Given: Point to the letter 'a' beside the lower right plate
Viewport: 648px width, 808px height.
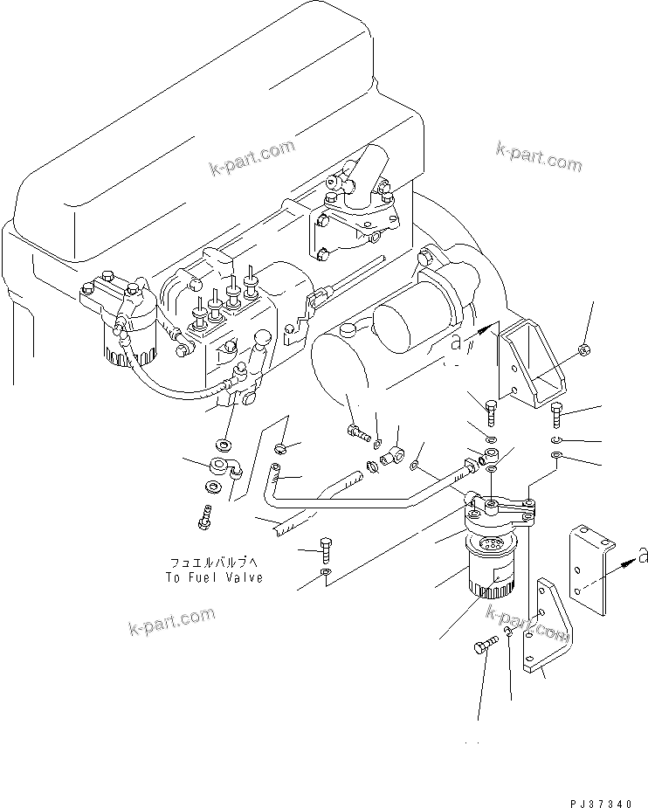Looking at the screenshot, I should [x=641, y=556].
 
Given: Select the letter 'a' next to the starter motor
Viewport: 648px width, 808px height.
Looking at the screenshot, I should [x=456, y=342].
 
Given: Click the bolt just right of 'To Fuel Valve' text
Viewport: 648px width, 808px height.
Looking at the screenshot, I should [x=327, y=549].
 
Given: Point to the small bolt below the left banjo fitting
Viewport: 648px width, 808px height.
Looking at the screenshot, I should [x=204, y=517].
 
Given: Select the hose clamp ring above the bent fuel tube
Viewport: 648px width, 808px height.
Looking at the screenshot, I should [x=280, y=449].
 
